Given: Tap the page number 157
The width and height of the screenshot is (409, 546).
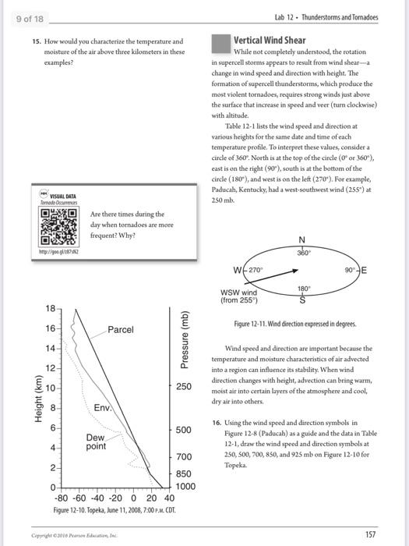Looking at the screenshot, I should click(x=370, y=534).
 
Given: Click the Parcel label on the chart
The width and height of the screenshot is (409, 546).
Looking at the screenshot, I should click(x=121, y=330).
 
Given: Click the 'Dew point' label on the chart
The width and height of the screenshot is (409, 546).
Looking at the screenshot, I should click(x=96, y=441).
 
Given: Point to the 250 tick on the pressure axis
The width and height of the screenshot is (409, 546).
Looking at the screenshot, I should click(x=184, y=388).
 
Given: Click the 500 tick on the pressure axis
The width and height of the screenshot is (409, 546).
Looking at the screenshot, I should click(x=184, y=431).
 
